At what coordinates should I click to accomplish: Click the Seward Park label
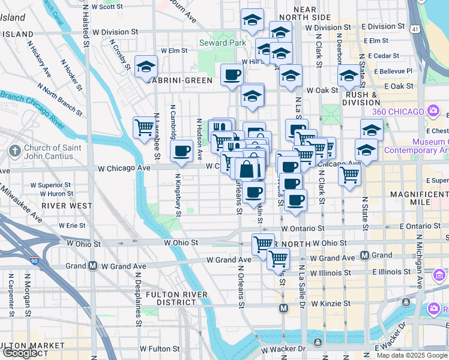222,43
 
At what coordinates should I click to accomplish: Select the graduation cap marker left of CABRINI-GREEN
146,67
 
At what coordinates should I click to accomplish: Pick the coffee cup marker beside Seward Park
232,76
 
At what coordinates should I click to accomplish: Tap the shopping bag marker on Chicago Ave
247,169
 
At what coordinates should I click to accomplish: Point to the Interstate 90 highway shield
33,261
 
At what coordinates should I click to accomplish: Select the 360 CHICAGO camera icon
432,111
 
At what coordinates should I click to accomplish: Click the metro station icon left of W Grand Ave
93,266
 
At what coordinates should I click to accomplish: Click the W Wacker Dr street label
283,349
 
